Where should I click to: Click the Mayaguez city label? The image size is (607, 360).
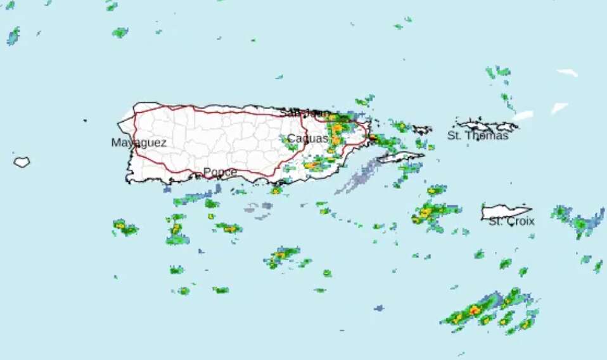tap(139, 143)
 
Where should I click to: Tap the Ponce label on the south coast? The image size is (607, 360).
tap(220, 172)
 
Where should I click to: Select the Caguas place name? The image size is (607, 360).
tap(307, 138)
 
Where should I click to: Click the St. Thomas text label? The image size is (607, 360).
tap(478, 135)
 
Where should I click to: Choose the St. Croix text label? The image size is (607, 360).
tap(511, 221)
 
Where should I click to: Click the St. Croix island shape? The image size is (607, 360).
tap(505, 211)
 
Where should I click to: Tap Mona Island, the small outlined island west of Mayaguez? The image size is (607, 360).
tap(22, 162)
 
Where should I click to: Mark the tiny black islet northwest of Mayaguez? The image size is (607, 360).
tap(84, 120)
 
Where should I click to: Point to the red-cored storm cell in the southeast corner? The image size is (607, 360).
tap(475, 310)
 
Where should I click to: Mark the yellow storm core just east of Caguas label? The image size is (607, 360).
tap(336, 139)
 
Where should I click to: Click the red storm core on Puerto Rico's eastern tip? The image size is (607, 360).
tap(373, 137)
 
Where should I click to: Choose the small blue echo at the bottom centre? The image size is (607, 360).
tap(379, 308)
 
